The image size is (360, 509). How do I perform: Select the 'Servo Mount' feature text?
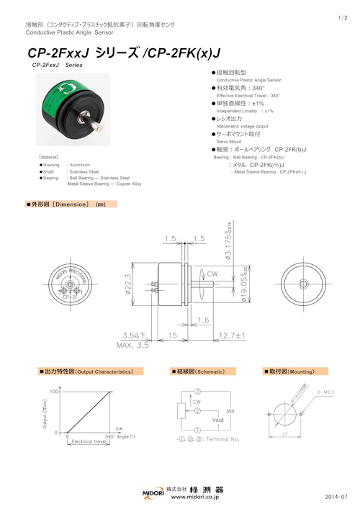tap(233, 143)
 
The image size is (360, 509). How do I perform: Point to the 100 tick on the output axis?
tap(53, 391)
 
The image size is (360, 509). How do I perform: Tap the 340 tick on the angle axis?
tap(109, 436)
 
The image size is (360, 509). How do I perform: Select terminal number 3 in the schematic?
tap(197, 392)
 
